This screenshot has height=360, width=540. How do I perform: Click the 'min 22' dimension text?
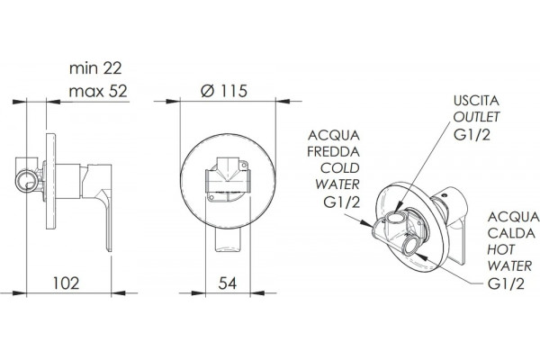pos(95,68)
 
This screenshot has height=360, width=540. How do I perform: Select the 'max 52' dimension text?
pos(98,91)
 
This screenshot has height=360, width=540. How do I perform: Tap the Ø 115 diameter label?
pos(224,91)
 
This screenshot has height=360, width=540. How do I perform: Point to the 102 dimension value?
pos(66,283)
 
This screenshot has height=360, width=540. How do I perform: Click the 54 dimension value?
pos(228,283)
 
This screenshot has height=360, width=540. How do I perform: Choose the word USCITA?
pos(476,101)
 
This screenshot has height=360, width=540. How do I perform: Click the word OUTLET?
pos(476,117)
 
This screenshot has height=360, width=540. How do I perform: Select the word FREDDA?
pos(333,151)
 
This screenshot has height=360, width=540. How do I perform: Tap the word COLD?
pos(340,168)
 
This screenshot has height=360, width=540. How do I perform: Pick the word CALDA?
pos(511,233)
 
